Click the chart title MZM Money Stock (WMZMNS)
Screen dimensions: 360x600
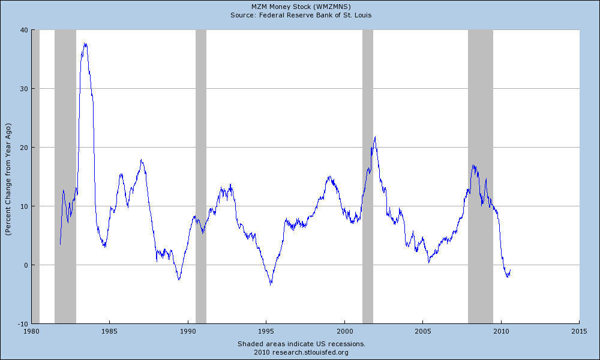click(301, 6)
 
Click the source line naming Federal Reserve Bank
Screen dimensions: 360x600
click(301, 14)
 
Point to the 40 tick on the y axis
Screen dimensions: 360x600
click(24, 30)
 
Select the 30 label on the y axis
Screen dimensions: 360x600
click(24, 89)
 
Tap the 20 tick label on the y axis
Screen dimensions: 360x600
click(24, 148)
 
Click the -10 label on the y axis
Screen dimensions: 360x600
click(22, 323)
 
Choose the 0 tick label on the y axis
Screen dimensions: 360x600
click(26, 265)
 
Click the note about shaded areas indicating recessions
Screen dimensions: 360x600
click(301, 344)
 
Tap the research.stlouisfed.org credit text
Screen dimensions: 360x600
click(301, 352)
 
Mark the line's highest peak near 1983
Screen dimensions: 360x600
click(85, 43)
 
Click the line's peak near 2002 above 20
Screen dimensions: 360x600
click(375, 137)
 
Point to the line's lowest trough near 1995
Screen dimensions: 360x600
click(271, 284)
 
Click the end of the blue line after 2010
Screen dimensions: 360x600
click(510, 270)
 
